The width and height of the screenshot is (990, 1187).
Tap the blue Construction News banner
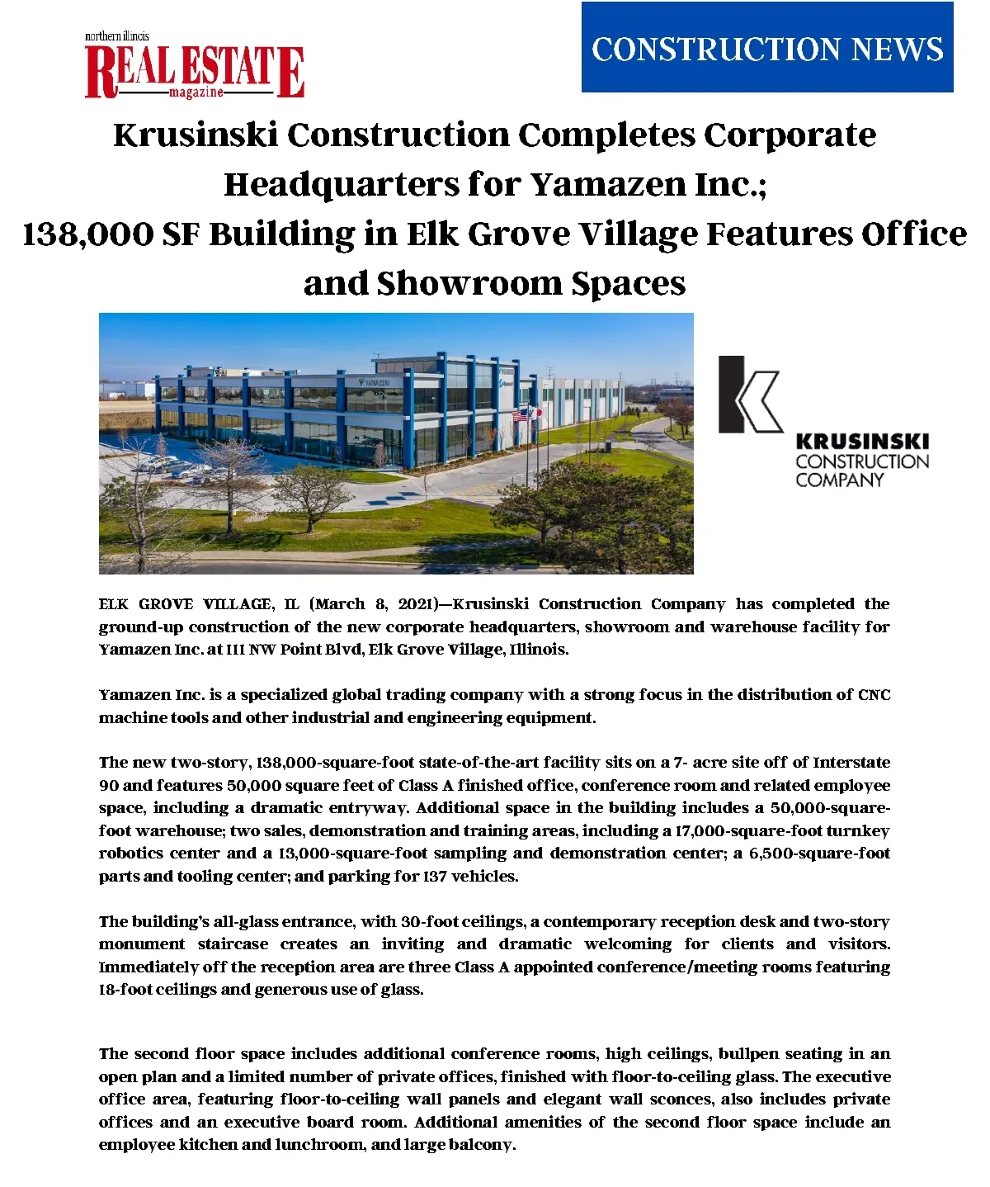point(767,47)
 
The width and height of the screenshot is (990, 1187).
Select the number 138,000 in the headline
point(87,234)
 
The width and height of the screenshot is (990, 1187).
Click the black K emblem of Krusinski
point(749,395)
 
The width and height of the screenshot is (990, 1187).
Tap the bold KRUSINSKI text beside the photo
point(862,442)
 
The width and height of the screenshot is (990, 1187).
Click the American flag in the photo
point(520,415)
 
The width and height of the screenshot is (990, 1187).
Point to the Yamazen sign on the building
point(375,383)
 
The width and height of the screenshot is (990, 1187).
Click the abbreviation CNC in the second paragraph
point(874,695)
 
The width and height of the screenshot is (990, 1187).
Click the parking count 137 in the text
point(434,877)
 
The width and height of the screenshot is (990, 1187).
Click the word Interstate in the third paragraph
point(851,763)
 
